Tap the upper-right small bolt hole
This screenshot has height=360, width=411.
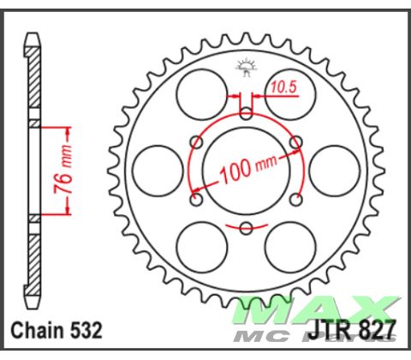click(295, 141)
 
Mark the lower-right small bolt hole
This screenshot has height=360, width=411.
click(295, 200)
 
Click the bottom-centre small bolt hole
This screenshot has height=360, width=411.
click(247, 227)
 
